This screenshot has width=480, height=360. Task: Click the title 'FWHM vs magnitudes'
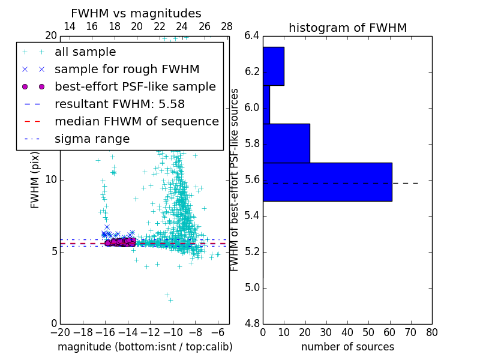coord(136,13)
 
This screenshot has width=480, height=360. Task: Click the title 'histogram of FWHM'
coord(347,28)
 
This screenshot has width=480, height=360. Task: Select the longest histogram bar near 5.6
coord(327,182)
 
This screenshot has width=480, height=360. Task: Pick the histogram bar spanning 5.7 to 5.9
coord(286,143)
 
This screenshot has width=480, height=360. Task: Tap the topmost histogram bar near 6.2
coord(273,66)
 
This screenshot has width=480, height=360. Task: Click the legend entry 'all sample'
coord(85,52)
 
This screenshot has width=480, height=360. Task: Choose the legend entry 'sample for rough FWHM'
coord(127,69)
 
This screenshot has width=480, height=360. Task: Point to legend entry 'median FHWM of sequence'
coord(136,121)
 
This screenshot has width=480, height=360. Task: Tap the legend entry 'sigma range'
coord(92,139)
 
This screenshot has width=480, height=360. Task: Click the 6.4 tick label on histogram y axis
coord(252,36)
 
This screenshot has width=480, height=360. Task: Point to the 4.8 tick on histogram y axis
coord(252,323)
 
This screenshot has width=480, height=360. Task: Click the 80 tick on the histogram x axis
coord(432,332)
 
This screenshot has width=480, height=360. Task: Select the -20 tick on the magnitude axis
coord(60,332)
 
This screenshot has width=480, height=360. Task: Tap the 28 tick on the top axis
coord(227,26)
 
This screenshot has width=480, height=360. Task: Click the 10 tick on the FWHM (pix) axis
coord(51,180)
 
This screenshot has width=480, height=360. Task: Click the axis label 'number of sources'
coord(347,347)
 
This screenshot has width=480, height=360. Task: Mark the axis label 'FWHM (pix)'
coord(35,180)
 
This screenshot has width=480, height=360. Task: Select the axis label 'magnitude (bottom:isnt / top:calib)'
coord(145,347)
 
